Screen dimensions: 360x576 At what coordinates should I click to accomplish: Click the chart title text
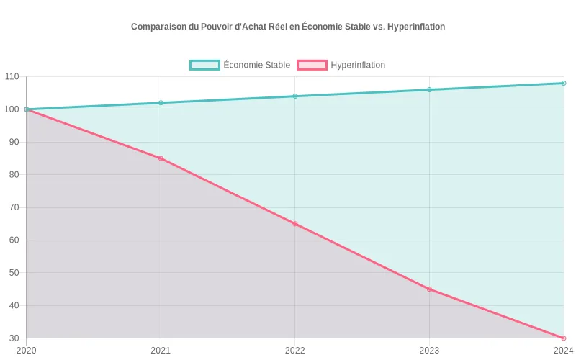pyautogui.click(x=288, y=27)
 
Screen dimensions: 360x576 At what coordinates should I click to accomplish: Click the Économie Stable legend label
pyautogui.click(x=256, y=65)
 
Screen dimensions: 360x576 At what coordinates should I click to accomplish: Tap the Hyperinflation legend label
pyautogui.click(x=358, y=65)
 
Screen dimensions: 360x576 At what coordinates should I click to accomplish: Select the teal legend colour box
pyautogui.click(x=204, y=65)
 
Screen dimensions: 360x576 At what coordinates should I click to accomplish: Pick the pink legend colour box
pyautogui.click(x=312, y=65)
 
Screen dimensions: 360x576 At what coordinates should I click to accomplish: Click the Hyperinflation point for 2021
pyautogui.click(x=161, y=158)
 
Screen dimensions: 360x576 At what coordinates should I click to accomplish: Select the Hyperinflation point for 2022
pyautogui.click(x=295, y=224)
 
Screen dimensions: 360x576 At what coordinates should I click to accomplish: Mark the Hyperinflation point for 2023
pyautogui.click(x=429, y=289)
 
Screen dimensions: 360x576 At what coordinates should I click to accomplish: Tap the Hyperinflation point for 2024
pyautogui.click(x=564, y=338)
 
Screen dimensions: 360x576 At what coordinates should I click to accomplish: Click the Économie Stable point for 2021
pyautogui.click(x=161, y=103)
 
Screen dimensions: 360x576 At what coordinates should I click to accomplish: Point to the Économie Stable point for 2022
pyautogui.click(x=295, y=96)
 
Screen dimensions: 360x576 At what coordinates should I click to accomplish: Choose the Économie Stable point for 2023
pyautogui.click(x=429, y=90)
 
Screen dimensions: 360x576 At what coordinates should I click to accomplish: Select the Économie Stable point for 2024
pyautogui.click(x=564, y=83)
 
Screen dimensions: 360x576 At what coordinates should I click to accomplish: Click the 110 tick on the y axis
pyautogui.click(x=12, y=76)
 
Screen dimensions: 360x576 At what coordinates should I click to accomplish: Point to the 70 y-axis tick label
pyautogui.click(x=14, y=207)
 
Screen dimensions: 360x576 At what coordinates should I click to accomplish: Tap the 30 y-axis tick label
pyautogui.click(x=14, y=338)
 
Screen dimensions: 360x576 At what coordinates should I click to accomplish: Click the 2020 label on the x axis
pyautogui.click(x=26, y=351)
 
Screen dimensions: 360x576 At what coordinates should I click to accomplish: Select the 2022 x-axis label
pyautogui.click(x=295, y=351)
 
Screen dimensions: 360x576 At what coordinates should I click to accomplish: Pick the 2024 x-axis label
pyautogui.click(x=563, y=351)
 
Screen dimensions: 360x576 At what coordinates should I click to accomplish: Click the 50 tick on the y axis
pyautogui.click(x=14, y=273)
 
